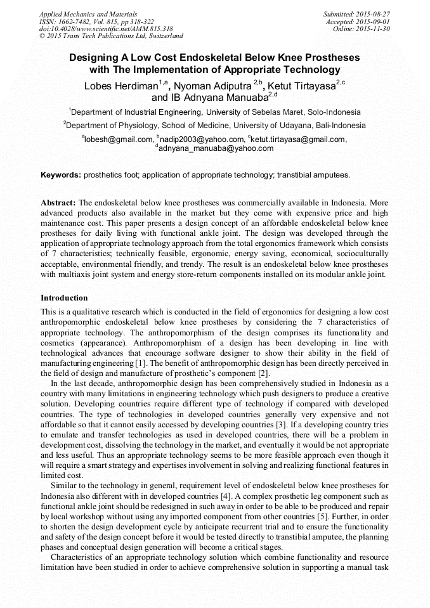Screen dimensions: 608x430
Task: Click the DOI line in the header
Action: click(x=106, y=29)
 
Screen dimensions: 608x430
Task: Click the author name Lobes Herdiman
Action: click(x=121, y=86)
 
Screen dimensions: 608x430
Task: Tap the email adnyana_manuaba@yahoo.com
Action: click(x=216, y=148)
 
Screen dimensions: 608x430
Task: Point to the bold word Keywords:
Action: click(x=61, y=174)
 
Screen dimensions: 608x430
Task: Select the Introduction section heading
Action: click(x=64, y=298)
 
